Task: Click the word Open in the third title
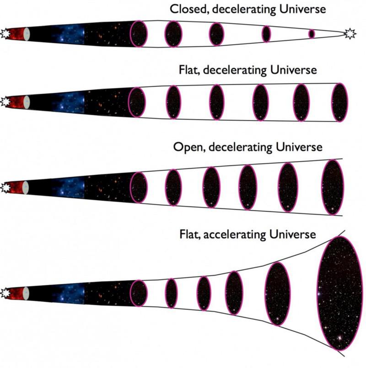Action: click(186, 148)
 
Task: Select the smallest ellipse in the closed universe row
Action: click(312, 33)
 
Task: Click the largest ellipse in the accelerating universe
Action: click(339, 293)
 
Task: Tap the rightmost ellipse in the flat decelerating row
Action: click(339, 102)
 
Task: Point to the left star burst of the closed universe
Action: click(5, 33)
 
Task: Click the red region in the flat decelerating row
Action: click(16, 101)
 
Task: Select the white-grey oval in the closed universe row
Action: click(27, 33)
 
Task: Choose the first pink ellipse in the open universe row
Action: click(139, 187)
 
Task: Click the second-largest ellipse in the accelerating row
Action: click(277, 293)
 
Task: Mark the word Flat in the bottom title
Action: click(189, 235)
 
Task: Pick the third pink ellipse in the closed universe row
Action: click(216, 33)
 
